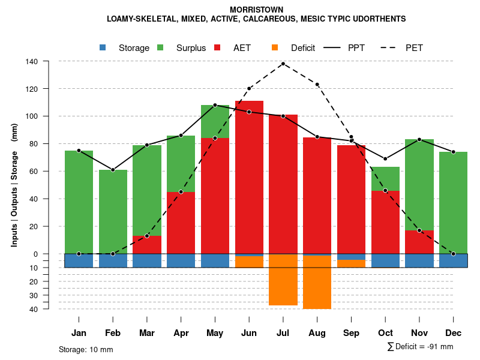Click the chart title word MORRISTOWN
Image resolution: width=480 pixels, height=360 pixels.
point(256,10)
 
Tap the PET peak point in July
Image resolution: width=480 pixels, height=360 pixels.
point(283,64)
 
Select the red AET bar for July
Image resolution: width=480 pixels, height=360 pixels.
point(283,180)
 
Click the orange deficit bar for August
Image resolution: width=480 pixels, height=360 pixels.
point(317,282)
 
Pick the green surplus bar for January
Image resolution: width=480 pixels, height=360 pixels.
point(79,201)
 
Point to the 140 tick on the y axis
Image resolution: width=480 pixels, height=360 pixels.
point(32,61)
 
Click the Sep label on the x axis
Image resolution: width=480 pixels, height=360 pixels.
point(352,333)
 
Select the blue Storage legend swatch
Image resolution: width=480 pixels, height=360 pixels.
point(103,47)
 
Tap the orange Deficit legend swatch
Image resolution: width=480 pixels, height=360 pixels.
point(275,47)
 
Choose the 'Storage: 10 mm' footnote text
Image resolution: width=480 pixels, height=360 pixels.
point(86,349)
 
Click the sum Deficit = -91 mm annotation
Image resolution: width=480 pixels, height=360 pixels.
point(420,347)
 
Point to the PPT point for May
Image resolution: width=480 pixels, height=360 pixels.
point(215,105)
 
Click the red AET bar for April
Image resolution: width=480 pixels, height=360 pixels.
point(181,222)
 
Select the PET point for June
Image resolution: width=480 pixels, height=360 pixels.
point(249,89)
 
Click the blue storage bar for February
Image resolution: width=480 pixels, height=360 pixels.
point(113,260)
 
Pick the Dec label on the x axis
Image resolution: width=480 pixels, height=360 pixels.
point(454,333)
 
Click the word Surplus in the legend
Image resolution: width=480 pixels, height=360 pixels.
point(191,48)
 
